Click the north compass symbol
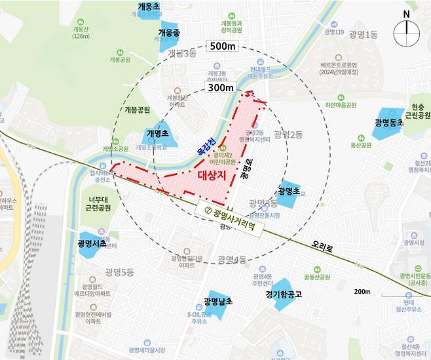coord(407,30)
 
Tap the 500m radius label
coord(222,46)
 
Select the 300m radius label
coord(220,87)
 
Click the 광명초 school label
coord(288,191)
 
